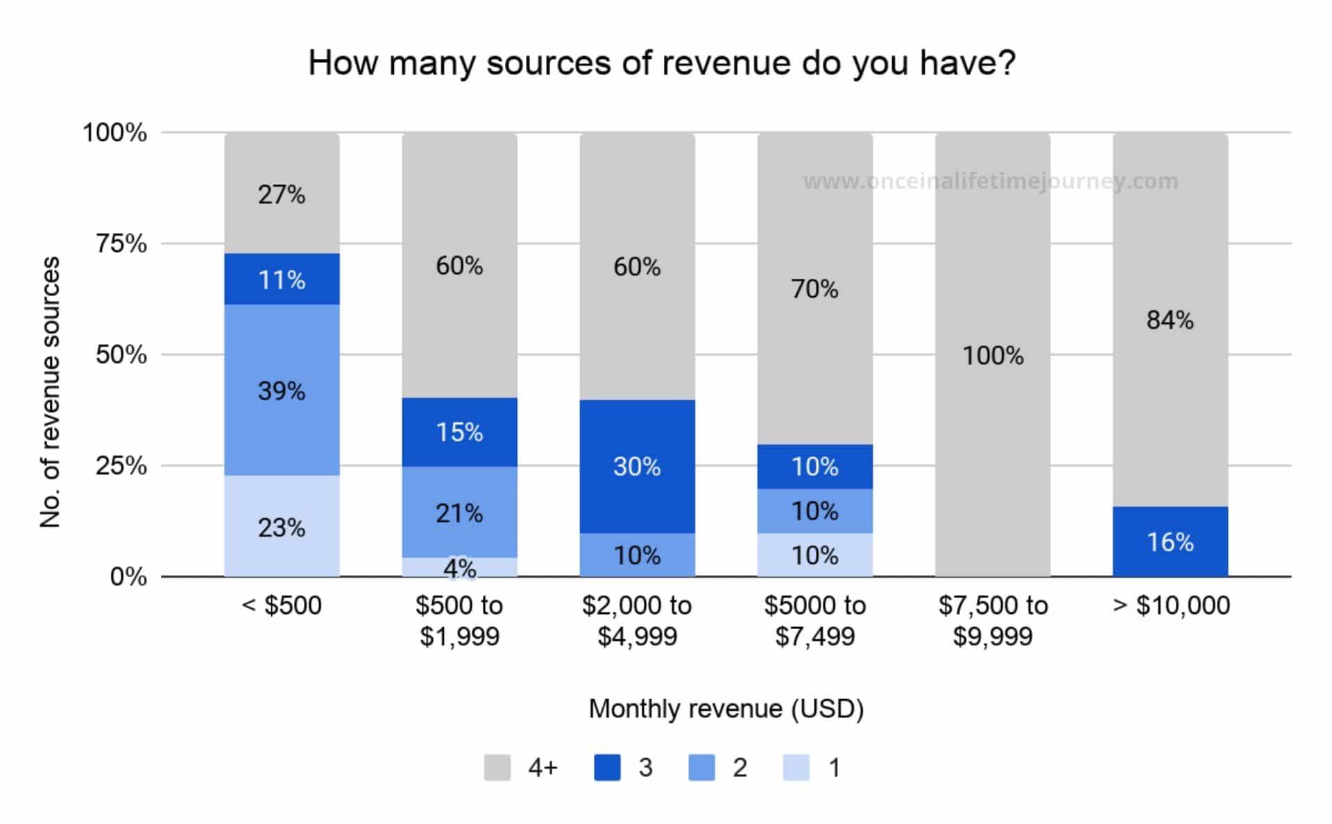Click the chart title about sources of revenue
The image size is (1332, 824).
click(662, 63)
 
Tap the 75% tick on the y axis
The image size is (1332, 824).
click(121, 244)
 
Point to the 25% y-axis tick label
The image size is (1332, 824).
click(121, 466)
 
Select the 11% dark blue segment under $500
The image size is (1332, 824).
click(282, 280)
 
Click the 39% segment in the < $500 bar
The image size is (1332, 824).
click(282, 390)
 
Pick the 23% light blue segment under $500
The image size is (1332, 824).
click(282, 527)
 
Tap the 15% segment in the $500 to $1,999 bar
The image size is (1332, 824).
click(459, 432)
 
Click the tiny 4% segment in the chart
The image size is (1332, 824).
click(459, 567)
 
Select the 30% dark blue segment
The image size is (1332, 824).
click(637, 467)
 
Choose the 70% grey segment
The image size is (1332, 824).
click(814, 289)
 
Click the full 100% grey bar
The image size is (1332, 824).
click(992, 356)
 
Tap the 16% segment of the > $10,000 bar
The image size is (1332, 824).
click(1170, 542)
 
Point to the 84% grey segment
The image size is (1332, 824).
click(1170, 320)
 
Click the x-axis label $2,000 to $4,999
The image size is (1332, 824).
click(637, 621)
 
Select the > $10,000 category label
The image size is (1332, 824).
click(1171, 606)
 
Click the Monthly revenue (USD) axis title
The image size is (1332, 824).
click(726, 709)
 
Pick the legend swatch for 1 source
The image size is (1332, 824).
click(796, 768)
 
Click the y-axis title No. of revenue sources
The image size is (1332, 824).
click(51, 393)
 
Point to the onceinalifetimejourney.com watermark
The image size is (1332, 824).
click(991, 182)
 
